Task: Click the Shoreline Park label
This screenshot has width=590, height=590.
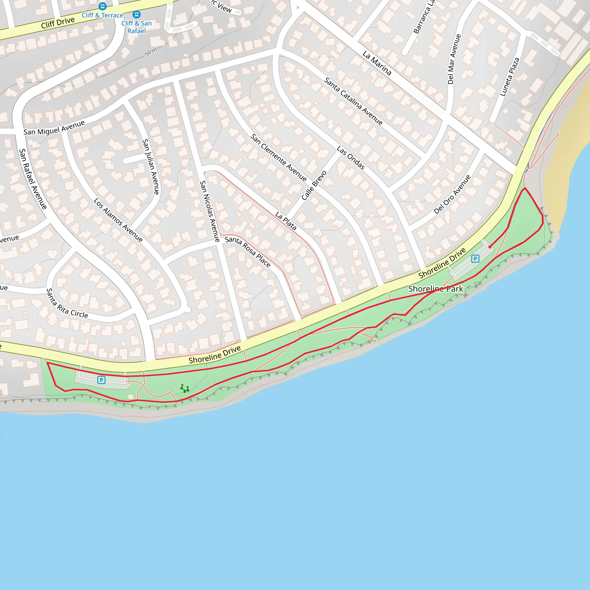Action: tap(436, 289)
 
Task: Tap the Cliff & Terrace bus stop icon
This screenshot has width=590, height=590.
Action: tap(103, 6)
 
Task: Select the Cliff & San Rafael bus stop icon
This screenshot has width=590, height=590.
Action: tap(137, 14)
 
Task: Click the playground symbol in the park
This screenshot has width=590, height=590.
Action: tap(184, 388)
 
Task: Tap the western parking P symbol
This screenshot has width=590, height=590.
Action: tap(101, 380)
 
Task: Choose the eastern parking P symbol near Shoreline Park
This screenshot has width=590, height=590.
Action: tap(475, 259)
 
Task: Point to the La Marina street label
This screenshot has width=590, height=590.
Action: tap(377, 63)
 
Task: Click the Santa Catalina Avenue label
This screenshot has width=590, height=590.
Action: tap(353, 101)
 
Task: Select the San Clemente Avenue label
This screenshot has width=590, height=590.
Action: tap(278, 158)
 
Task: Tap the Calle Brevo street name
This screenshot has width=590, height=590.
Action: tap(314, 185)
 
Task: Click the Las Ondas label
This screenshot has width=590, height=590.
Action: tap(351, 157)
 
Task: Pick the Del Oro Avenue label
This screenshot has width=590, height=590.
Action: tap(452, 194)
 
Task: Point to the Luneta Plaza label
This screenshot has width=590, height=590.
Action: tap(509, 77)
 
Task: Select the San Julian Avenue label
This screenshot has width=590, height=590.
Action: tap(151, 167)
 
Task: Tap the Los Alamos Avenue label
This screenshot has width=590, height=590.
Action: tap(118, 220)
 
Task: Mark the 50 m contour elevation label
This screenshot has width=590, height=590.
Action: tap(151, 52)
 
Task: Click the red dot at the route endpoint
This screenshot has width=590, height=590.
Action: tap(490, 247)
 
